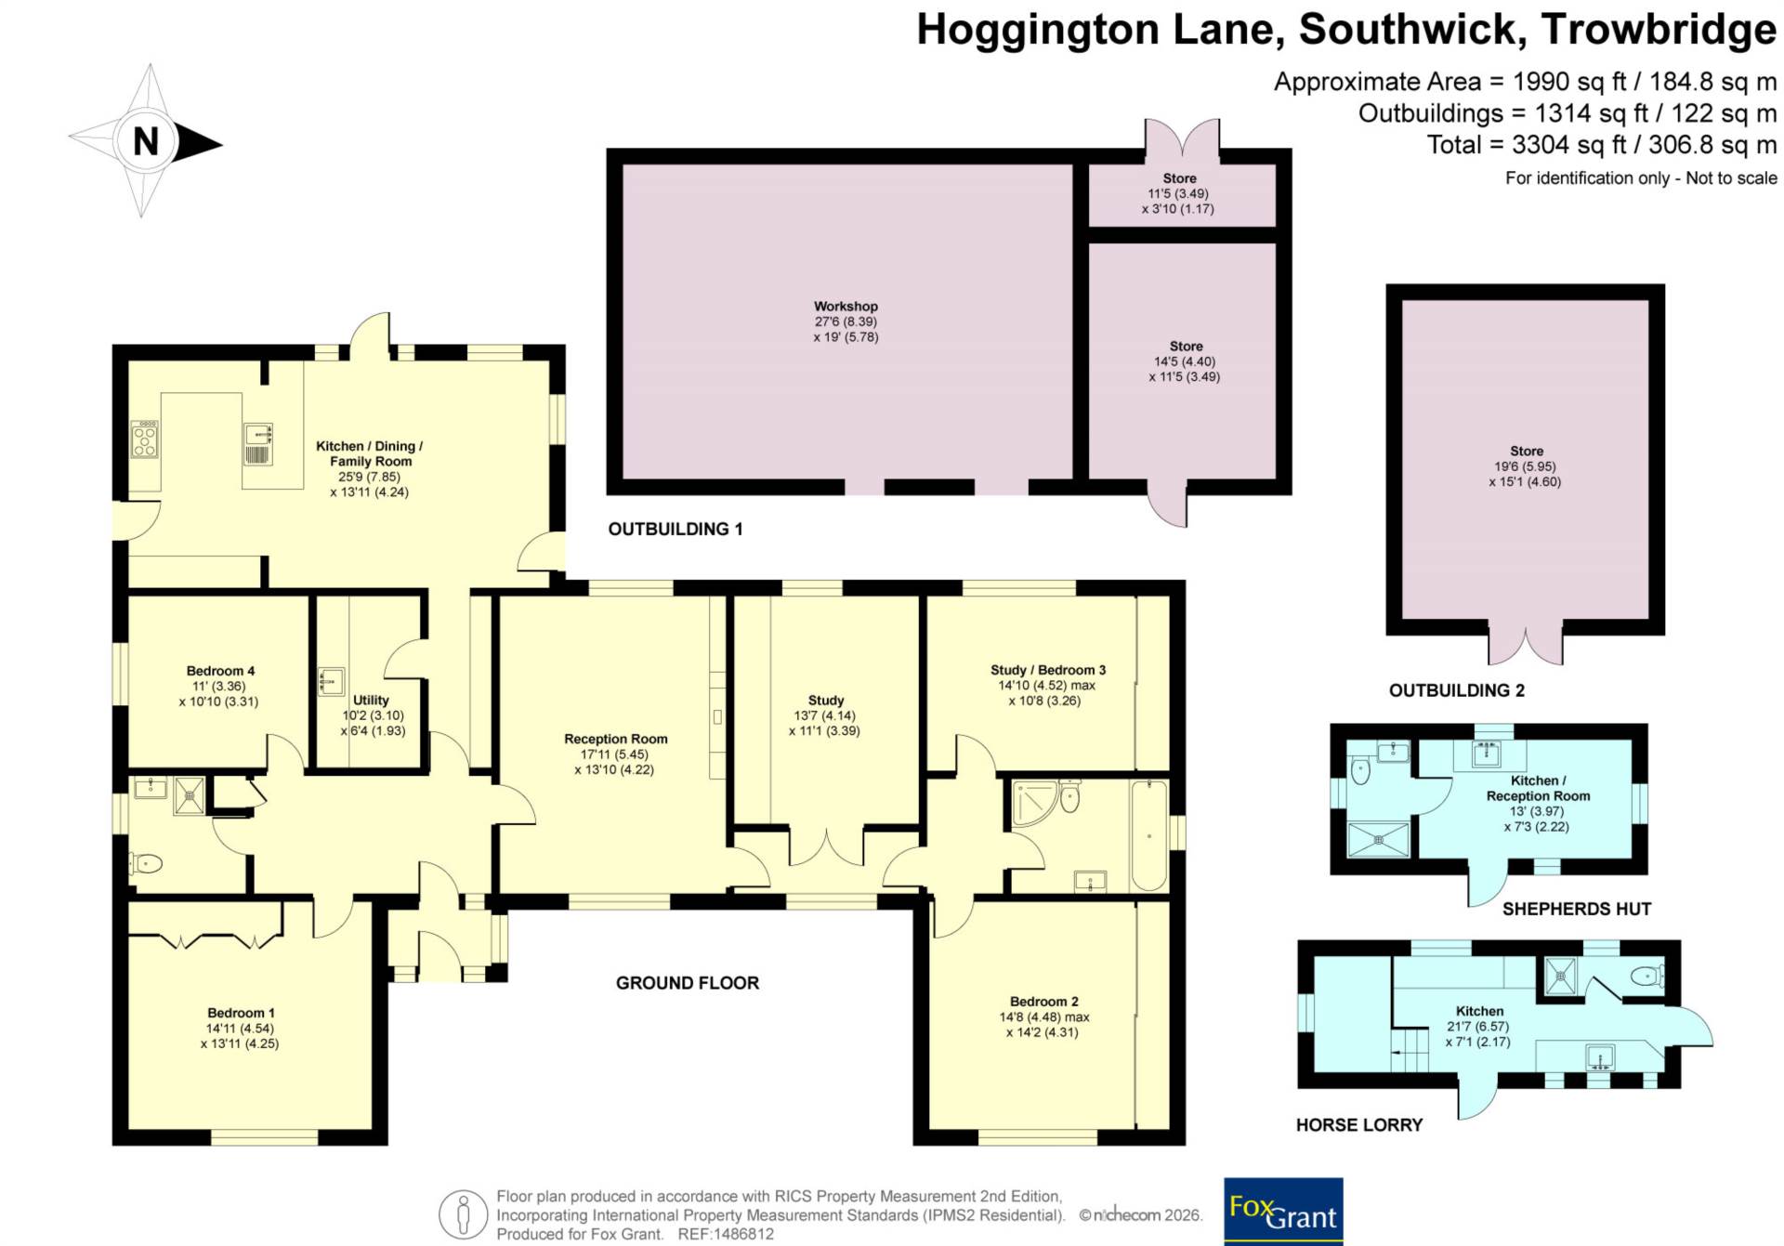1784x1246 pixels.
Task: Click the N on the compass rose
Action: pos(146,141)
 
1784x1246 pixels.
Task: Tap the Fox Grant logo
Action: pos(1283,1212)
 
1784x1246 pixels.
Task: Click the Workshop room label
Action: pos(846,306)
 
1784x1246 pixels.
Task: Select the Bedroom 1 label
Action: pos(241,1013)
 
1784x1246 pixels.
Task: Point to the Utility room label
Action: pos(371,700)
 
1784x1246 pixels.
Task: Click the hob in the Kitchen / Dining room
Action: pos(145,439)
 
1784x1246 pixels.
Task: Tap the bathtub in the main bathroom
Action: pos(1149,835)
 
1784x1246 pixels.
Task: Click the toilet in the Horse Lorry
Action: pos(1647,976)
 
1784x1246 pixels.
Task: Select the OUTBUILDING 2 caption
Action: pos(1457,690)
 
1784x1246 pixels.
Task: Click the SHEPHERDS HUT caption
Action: pos(1577,909)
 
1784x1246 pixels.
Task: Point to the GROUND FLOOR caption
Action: pos(688,983)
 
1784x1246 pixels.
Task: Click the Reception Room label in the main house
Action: pos(616,739)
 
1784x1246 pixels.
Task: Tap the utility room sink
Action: pos(331,681)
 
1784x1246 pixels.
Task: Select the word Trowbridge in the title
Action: pos(1659,30)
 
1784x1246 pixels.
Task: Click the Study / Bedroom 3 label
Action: pos(1048,670)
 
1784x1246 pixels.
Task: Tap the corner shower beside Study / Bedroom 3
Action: pos(1034,805)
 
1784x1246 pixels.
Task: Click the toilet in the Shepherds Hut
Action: pos(1360,770)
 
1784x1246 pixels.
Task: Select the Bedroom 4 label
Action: pos(220,671)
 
